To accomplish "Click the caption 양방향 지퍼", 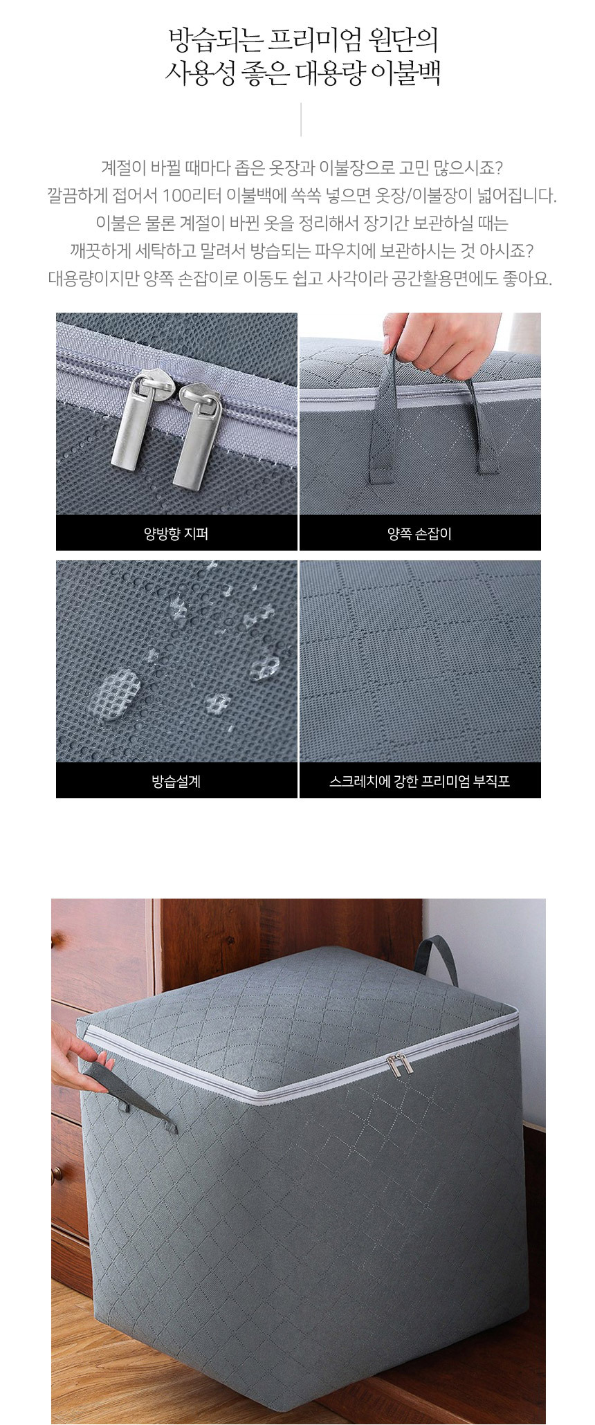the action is (x=176, y=533).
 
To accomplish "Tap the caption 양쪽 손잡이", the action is (x=419, y=533).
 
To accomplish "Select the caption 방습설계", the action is (x=176, y=781).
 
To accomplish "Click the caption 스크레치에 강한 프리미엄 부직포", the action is (x=419, y=781).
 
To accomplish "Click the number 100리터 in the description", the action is (x=192, y=196).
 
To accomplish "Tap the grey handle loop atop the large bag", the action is (x=434, y=957).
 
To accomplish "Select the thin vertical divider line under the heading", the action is (x=300, y=119).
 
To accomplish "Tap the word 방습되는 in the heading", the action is (x=215, y=40).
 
